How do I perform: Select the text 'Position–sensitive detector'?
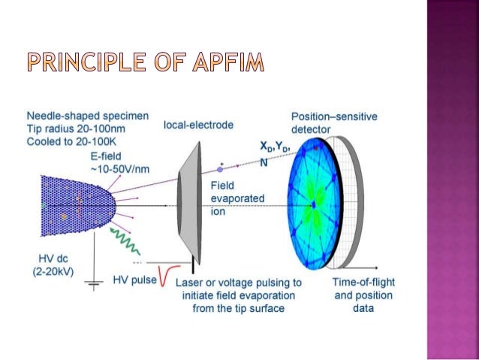[x=334, y=123]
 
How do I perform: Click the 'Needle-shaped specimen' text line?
[x=87, y=116]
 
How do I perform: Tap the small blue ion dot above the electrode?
[x=219, y=171]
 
